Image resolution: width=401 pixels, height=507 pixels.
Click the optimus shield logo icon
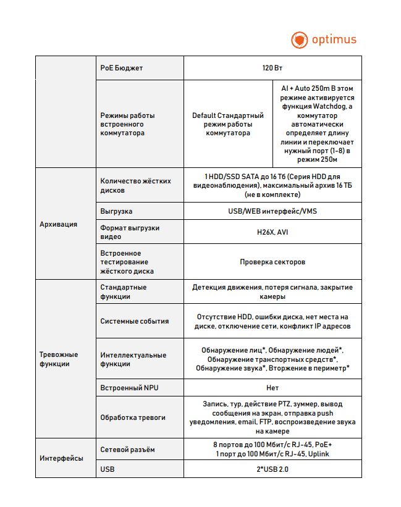point(299,40)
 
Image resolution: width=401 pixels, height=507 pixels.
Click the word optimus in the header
point(334,40)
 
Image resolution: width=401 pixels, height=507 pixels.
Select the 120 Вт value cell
point(272,67)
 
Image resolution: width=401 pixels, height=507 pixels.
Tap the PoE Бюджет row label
point(122,67)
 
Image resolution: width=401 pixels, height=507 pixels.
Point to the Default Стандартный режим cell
point(228,124)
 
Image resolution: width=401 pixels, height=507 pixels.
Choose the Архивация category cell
point(59,224)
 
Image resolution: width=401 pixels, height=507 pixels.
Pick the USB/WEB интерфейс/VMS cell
point(272,211)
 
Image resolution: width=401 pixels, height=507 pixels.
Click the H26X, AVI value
point(272,232)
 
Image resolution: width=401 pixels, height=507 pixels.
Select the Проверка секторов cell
point(272,262)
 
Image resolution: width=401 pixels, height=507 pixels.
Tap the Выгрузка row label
point(116,211)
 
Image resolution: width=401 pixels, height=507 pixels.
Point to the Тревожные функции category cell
point(59,359)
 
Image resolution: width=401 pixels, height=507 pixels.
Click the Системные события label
point(135,321)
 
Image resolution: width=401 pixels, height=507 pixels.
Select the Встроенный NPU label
point(130,388)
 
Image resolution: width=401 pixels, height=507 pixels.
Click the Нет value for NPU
point(272,388)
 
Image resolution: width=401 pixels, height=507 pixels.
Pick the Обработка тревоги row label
point(133,417)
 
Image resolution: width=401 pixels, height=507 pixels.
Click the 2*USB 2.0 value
point(272,469)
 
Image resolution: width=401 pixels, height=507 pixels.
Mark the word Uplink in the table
point(316,454)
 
